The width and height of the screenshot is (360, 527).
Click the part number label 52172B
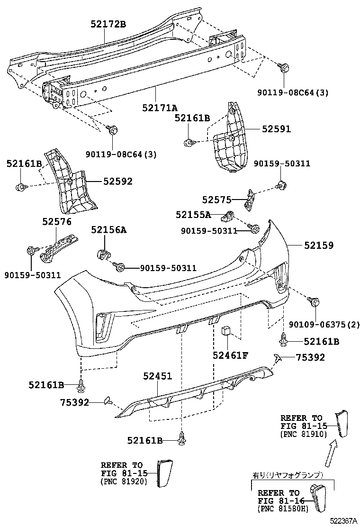pyautogui.click(x=108, y=24)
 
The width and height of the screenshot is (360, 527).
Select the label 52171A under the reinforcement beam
pyautogui.click(x=160, y=108)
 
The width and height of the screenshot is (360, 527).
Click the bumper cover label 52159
pyautogui.click(x=318, y=245)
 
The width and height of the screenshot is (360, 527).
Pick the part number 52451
pyautogui.click(x=157, y=376)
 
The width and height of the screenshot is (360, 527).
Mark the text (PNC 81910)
pyautogui.click(x=303, y=434)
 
